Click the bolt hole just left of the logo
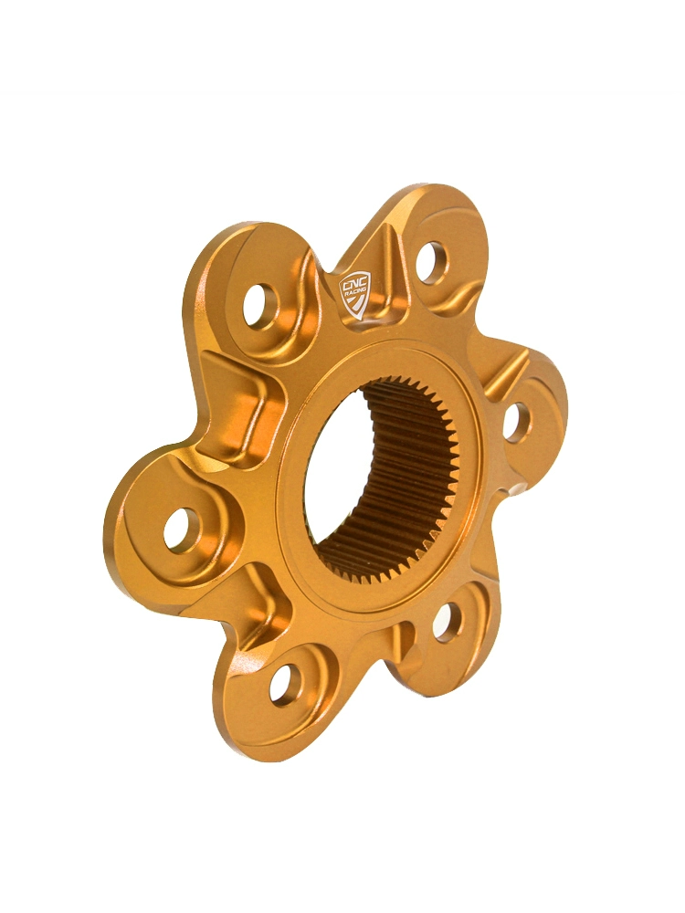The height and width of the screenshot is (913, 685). tap(259, 305)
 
